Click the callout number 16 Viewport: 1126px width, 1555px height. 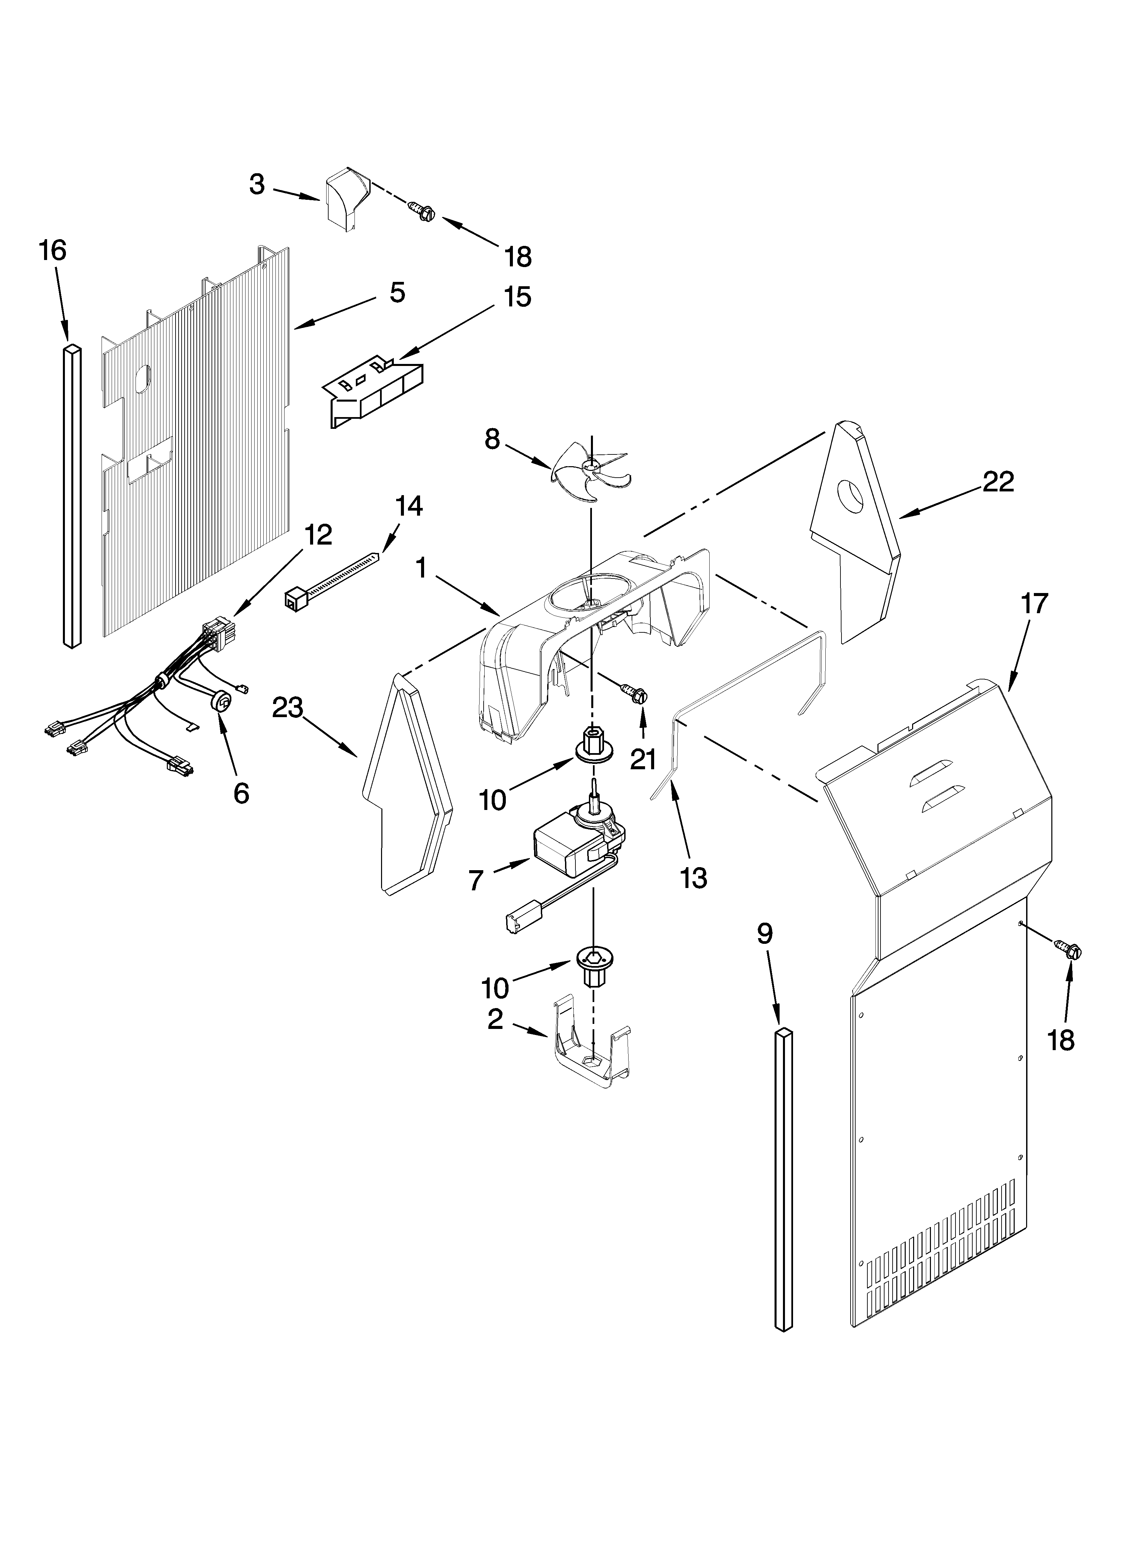click(53, 251)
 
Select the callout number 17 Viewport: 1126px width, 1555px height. click(1034, 603)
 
